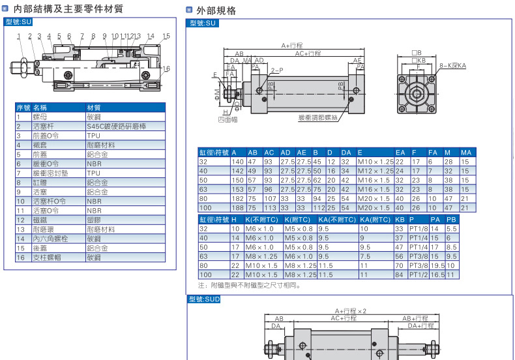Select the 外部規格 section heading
pos(215,10)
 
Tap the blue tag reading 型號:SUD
pos(204,299)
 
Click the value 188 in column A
pos(237,207)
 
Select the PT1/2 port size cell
pos(418,275)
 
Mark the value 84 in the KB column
pos(400,275)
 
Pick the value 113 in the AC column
pos(270,207)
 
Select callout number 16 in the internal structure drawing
pos(166,68)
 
